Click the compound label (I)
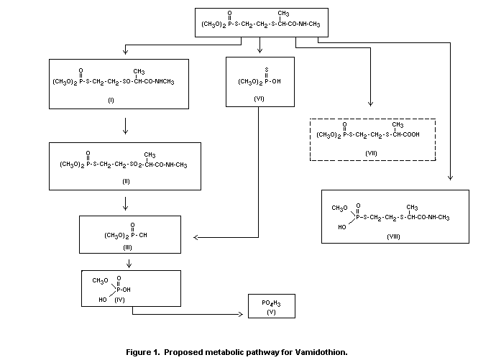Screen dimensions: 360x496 111,100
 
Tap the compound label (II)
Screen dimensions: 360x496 125,183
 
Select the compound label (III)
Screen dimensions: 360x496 127,246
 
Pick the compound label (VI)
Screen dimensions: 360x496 260,99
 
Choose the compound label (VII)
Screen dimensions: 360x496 372,152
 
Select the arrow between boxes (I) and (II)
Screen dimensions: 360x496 126,126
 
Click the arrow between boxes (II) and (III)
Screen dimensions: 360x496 126,204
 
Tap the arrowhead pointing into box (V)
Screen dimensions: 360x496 242,314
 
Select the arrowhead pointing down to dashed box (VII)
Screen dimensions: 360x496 371,105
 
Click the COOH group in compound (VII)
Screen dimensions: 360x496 409,134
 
